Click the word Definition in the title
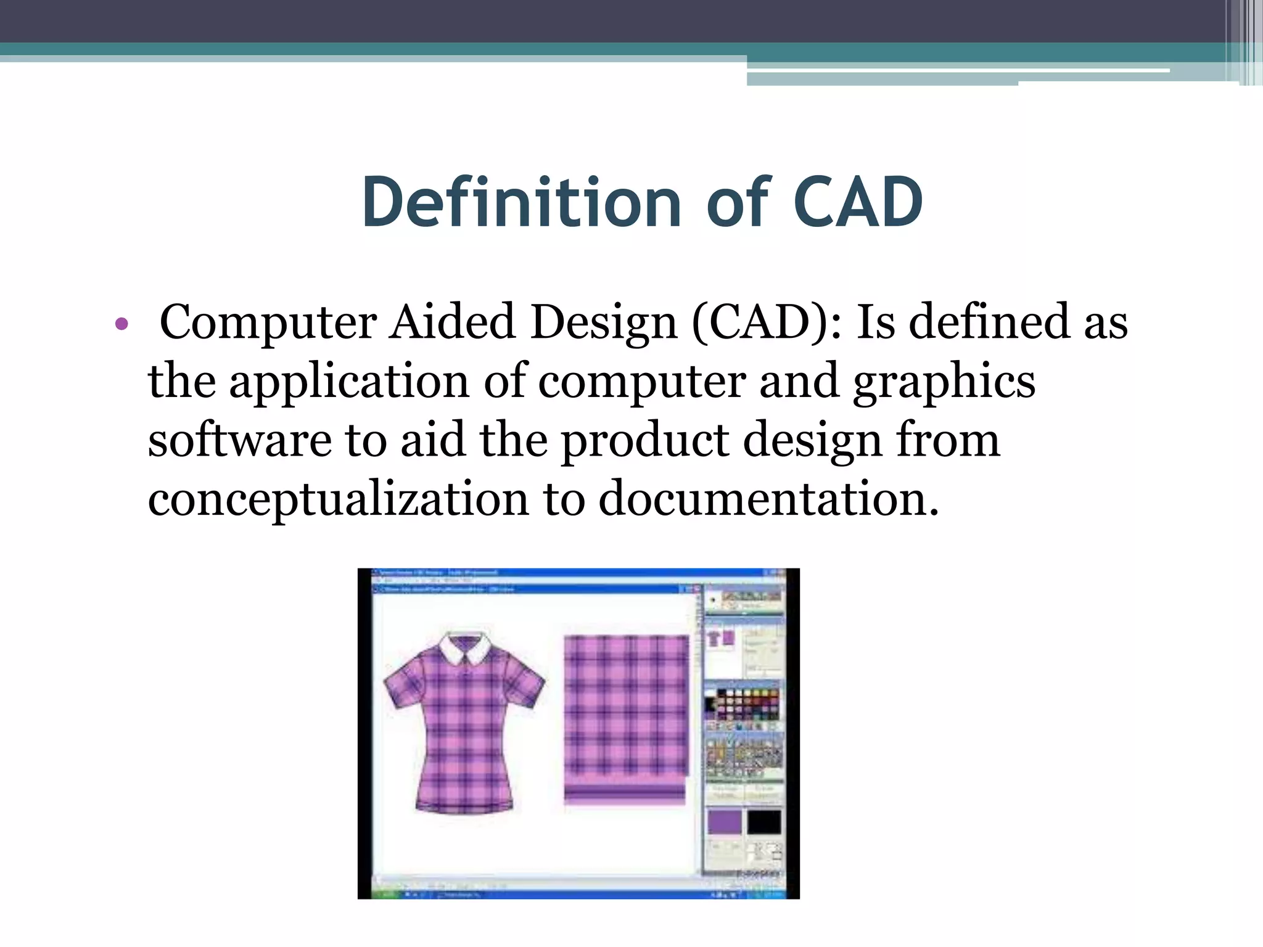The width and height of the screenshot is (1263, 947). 521,202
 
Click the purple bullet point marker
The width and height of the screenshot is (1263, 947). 121,324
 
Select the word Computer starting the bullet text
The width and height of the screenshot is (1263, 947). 268,322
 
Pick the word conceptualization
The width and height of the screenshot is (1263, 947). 338,499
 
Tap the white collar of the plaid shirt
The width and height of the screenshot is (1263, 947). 466,649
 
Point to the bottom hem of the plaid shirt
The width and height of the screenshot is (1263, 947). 464,805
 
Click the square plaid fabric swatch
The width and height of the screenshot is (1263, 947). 626,709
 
